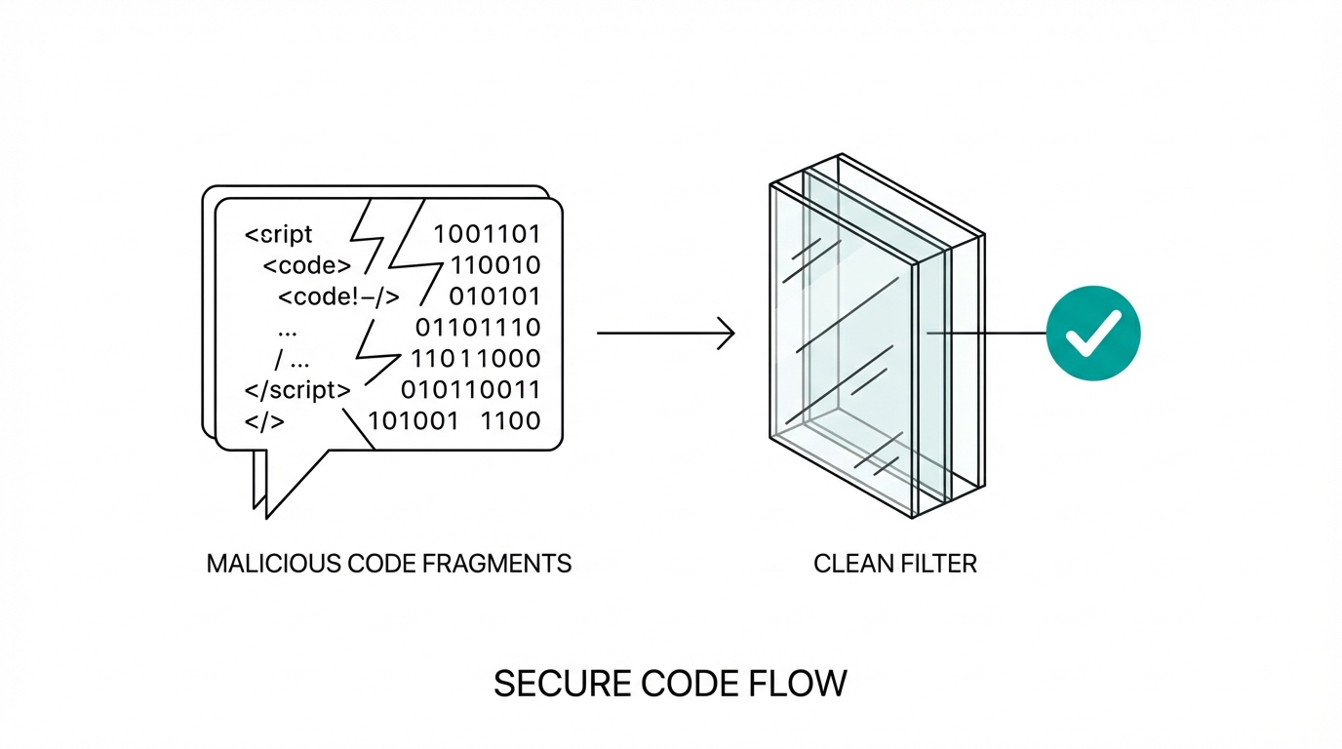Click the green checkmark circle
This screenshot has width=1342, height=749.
click(x=1092, y=334)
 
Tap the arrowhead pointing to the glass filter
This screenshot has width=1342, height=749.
click(x=727, y=334)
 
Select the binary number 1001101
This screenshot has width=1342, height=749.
click(x=487, y=234)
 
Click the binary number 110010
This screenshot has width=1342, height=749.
click(x=494, y=265)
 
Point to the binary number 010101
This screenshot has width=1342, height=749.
click(x=494, y=296)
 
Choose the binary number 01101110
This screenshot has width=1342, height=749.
click(x=478, y=328)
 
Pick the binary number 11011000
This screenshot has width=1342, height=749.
click(x=476, y=359)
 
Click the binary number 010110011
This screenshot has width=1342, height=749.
click(x=471, y=390)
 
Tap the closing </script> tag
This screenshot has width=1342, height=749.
click(x=297, y=390)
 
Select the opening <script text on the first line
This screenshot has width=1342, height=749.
click(x=279, y=234)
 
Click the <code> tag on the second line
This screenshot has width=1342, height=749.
click(x=306, y=265)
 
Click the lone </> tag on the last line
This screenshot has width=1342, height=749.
click(x=264, y=421)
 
